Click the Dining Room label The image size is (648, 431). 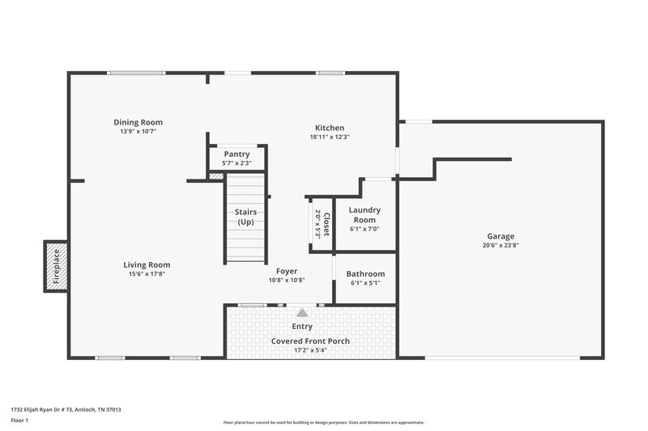click(x=138, y=122)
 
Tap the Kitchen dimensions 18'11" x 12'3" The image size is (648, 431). click(x=330, y=137)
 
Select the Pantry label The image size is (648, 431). click(x=237, y=154)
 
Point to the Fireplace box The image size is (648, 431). click(x=56, y=265)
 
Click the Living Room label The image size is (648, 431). click(x=147, y=264)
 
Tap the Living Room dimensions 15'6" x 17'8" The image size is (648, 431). click(x=147, y=273)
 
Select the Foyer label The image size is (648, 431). click(x=287, y=271)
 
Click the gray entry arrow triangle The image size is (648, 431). click(x=302, y=312)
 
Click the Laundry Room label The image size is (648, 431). click(x=364, y=215)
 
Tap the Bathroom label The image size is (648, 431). click(x=364, y=274)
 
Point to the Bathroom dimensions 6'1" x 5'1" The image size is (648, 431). click(x=364, y=283)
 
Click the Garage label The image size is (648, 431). click(x=500, y=236)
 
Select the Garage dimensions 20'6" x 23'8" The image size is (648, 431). click(x=500, y=245)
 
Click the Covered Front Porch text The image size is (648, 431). click(x=310, y=341)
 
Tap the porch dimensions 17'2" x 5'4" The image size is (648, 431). click(x=310, y=350)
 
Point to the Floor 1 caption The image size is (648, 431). click(x=19, y=420)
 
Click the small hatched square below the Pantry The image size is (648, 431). click(x=216, y=175)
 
